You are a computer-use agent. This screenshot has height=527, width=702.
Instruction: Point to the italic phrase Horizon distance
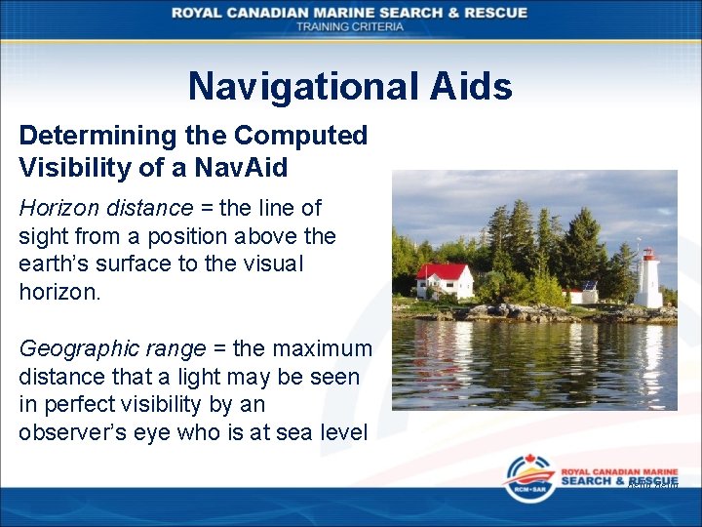105,208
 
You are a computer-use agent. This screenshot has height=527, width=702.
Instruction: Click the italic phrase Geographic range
112,348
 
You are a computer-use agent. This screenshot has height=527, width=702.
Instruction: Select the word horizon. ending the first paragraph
59,291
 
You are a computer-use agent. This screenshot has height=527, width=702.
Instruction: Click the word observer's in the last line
78,432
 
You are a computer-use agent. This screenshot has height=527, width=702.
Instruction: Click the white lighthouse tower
647,285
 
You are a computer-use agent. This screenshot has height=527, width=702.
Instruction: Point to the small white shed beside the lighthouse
586,294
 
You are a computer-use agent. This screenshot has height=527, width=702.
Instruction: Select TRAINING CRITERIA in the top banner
350,26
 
